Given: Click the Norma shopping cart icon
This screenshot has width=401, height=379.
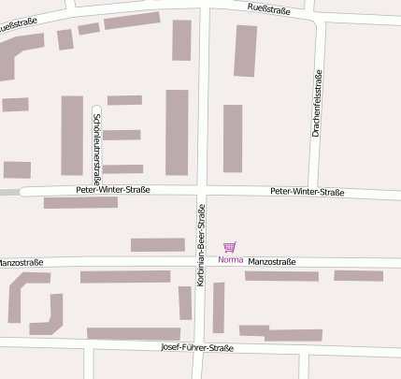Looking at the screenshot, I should point(230,247).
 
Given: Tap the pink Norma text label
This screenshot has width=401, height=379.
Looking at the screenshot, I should point(230,260).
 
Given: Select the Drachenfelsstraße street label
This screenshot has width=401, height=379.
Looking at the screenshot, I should point(318,104).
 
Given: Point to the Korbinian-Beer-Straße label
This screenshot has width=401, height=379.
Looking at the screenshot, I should point(201,244).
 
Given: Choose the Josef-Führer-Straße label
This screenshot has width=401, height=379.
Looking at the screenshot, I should point(196,347).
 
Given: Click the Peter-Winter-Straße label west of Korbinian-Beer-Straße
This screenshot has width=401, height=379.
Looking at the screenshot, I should point(112,190).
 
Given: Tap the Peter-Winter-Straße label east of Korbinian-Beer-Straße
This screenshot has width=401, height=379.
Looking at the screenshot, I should point(307,193).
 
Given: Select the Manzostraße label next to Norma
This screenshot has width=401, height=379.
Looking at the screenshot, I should point(271,262).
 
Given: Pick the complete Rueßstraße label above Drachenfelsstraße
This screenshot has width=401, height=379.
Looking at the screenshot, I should point(269,9).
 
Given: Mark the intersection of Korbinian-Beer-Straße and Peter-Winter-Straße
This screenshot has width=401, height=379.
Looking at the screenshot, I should point(201,191).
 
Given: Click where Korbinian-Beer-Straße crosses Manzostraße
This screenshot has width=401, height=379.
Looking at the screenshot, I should point(201,263).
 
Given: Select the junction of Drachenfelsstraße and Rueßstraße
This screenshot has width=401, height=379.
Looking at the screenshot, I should point(317,17).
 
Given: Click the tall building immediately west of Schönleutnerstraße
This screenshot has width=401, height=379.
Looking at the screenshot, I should point(72,136).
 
